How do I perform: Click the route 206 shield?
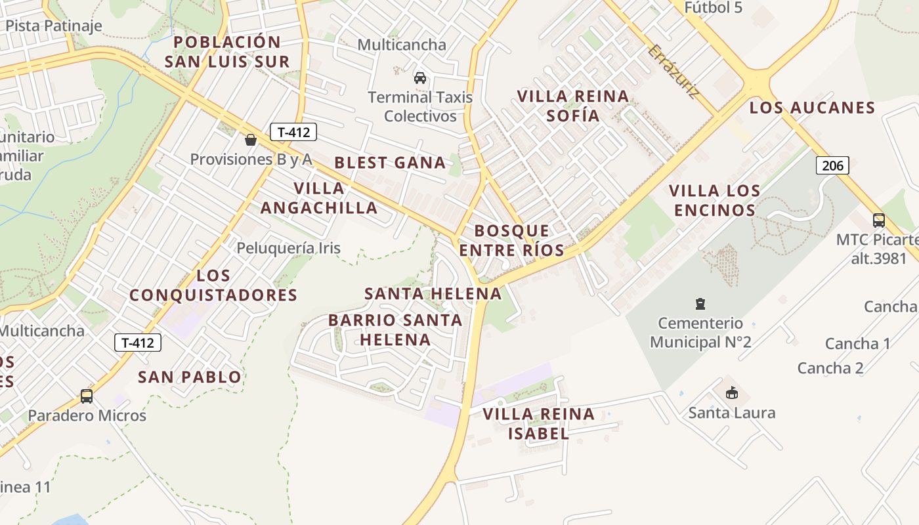832,165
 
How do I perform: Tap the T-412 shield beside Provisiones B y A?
293,133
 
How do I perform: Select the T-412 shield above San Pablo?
138,343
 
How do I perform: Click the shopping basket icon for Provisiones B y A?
250,140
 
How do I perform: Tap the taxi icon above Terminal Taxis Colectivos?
420,78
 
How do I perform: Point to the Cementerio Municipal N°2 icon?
700,304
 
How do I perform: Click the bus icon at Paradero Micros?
87,396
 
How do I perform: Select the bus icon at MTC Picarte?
878,220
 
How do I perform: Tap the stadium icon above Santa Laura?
731,393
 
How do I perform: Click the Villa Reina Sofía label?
573,106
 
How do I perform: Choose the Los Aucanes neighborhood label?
812,108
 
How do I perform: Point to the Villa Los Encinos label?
714,200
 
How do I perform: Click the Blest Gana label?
390,163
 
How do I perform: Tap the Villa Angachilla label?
319,198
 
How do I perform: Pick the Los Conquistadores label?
213,285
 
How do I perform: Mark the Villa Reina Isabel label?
538,423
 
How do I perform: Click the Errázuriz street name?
673,72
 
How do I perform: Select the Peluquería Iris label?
289,248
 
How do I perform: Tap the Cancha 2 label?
830,368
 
